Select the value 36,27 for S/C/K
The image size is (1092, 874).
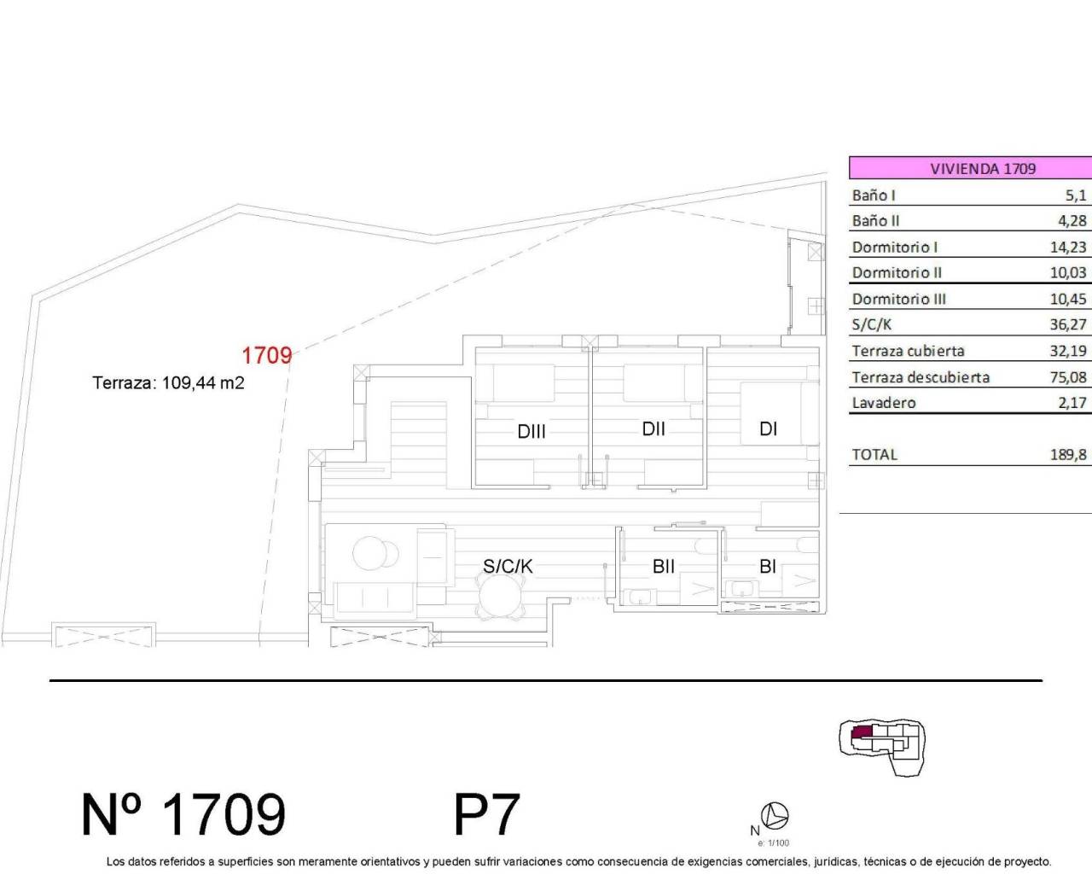(1067, 324)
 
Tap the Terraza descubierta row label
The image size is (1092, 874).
(921, 377)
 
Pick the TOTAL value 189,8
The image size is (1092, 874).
(1067, 455)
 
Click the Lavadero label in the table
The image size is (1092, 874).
(884, 403)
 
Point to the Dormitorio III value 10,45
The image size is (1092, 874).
(1067, 299)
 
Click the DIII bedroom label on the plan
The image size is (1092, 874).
(531, 432)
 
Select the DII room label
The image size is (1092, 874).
(653, 429)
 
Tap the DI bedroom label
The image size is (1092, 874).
(768, 429)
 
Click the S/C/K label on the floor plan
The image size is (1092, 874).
(508, 566)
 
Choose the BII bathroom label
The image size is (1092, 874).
(664, 566)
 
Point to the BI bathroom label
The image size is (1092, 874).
(767, 566)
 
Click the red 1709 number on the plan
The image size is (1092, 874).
(267, 355)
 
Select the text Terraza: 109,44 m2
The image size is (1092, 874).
(169, 383)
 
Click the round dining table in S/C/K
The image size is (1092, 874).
(501, 596)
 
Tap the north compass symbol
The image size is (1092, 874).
(775, 817)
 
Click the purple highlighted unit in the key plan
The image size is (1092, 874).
(863, 732)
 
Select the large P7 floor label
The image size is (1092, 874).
(486, 814)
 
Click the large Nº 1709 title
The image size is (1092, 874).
(183, 814)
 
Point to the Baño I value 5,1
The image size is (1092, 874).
(1075, 195)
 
